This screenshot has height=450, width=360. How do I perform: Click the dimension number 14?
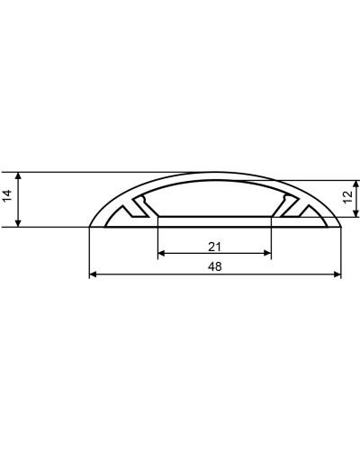(8, 196)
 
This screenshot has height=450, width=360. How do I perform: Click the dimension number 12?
(348, 196)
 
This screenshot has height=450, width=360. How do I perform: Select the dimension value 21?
(214, 247)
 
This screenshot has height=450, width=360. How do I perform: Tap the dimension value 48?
(214, 266)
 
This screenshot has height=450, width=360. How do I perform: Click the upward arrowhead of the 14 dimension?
(18, 175)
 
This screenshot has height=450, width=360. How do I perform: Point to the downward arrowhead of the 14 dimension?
(18, 223)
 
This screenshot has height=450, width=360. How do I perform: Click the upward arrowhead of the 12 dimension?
(356, 184)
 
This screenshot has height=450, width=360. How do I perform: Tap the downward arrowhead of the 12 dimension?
(356, 212)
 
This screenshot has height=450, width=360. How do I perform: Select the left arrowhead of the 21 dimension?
(162, 253)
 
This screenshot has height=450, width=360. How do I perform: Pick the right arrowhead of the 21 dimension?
(267, 253)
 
